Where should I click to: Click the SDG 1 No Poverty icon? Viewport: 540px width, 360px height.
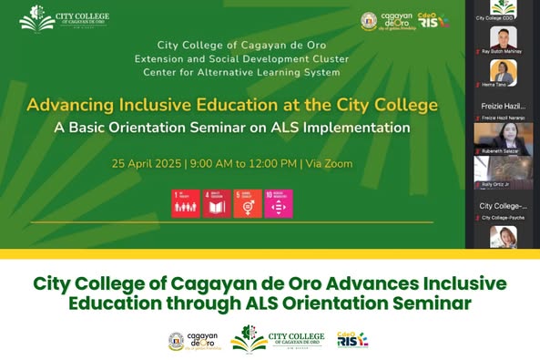click(x=185, y=204)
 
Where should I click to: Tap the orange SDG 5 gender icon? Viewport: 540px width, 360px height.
click(x=247, y=204)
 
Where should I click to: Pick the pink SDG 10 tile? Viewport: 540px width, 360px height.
click(x=279, y=204)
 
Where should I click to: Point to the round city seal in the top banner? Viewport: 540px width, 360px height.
click(x=369, y=21)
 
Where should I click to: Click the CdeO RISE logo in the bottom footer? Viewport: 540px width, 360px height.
click(x=352, y=340)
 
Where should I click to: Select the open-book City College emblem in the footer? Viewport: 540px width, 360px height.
click(x=249, y=338)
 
